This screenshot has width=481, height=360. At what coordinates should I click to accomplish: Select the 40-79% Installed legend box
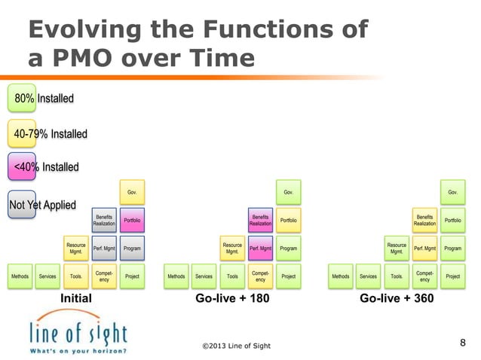tap(47, 134)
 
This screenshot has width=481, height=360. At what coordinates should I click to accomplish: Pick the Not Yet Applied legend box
tap(42, 204)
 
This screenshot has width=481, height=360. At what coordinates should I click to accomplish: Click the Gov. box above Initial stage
tap(132, 191)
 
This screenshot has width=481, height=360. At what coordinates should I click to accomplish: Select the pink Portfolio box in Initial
tap(132, 220)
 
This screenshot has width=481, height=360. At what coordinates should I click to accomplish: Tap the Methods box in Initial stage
tap(20, 276)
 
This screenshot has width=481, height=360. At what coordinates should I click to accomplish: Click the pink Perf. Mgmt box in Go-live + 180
tap(260, 248)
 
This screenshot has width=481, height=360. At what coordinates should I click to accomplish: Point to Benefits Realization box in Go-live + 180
tap(260, 220)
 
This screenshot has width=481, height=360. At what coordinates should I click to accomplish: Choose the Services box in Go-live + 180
tap(204, 276)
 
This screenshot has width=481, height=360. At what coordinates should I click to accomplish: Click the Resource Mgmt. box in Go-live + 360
tap(397, 248)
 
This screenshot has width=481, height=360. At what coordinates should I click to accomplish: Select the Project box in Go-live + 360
tap(452, 276)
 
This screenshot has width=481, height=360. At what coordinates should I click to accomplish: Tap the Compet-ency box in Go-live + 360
tap(424, 276)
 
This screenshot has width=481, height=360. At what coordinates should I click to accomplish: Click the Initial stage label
tap(75, 298)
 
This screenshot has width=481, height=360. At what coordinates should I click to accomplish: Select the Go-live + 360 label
tap(396, 298)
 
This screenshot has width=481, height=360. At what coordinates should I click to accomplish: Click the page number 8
tap(463, 343)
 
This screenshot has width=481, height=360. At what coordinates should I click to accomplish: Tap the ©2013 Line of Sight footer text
tap(236, 346)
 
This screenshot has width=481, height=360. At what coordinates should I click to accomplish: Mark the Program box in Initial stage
tap(132, 248)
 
